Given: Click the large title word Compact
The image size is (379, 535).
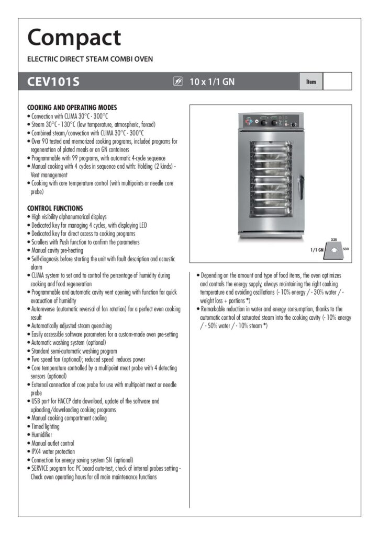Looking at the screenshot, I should tap(74, 38).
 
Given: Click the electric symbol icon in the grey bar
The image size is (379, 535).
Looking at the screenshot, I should tap(178, 82).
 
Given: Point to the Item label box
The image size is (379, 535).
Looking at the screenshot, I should tap(311, 82).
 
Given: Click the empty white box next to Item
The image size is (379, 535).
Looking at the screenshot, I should tap(337, 82).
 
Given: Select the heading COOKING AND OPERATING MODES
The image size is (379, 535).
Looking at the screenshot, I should tap(72, 108).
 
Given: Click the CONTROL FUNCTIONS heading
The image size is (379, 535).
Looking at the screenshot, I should tap(54, 208).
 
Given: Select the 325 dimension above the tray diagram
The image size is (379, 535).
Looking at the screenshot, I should tap(334, 239).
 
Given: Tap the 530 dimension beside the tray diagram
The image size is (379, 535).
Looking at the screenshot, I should tap(345, 249).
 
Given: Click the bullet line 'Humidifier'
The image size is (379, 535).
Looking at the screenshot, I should tap(42, 435).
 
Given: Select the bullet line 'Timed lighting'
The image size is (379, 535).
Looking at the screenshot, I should tap(46, 426).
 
